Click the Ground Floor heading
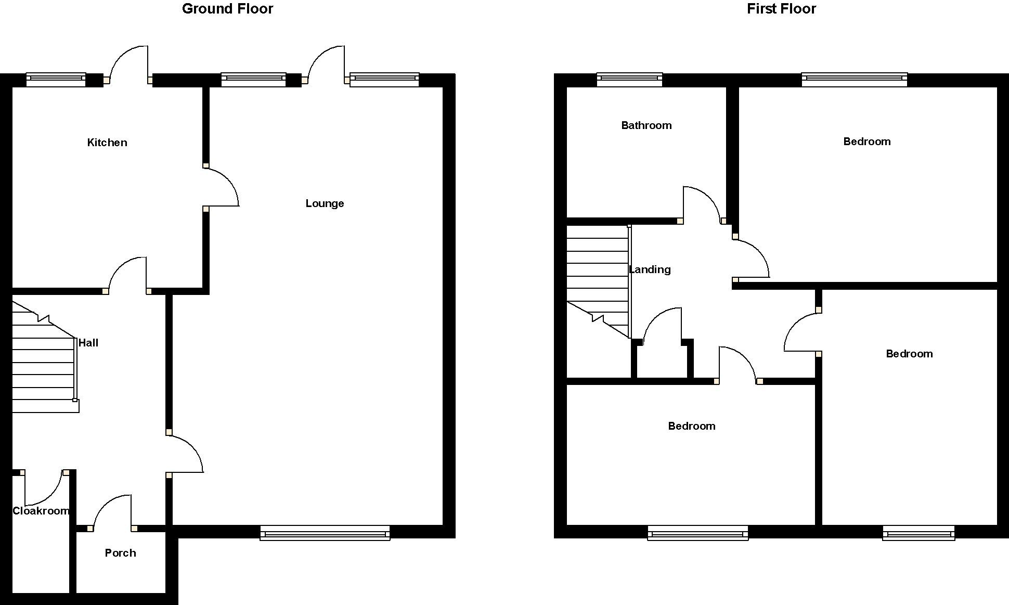tap(227, 9)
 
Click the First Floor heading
tap(781, 9)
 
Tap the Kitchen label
tap(107, 143)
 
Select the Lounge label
tap(325, 203)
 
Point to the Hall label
tap(88, 343)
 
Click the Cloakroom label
tap(41, 511)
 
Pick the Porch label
tap(120, 553)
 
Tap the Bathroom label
tap(646, 125)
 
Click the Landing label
tap(650, 269)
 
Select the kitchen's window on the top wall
tap(56, 79)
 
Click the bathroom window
tap(629, 79)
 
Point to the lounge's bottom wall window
tap(325, 533)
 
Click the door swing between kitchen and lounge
tap(221, 186)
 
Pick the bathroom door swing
tap(702, 203)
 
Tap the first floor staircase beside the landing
tap(597, 276)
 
